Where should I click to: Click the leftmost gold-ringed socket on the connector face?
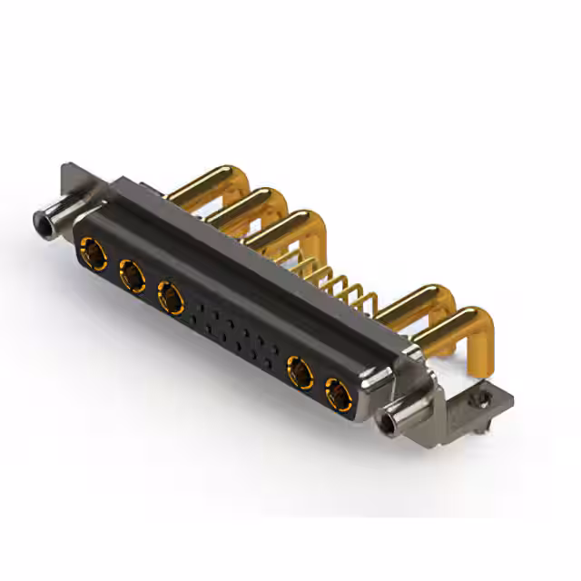(x=92, y=250)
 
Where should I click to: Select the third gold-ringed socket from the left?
(x=170, y=294)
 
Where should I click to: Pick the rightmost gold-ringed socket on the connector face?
(x=338, y=394)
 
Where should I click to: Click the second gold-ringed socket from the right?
(x=299, y=371)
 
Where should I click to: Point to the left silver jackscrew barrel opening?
(x=42, y=220)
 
